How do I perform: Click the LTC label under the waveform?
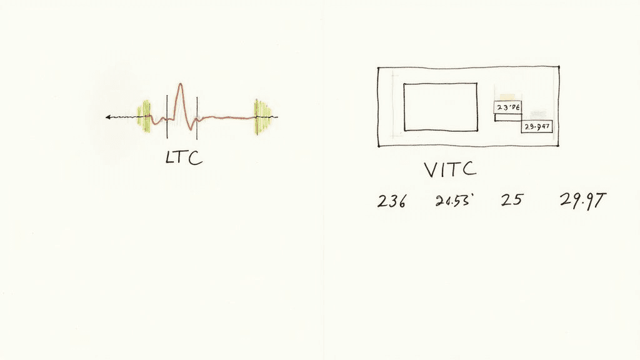coord(184,157)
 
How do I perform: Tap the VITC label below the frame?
coord(449,170)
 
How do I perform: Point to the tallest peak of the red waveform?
coord(180,84)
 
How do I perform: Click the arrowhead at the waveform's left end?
coord(108,117)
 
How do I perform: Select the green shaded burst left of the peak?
coord(145,116)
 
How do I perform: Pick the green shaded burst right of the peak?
coord(262,117)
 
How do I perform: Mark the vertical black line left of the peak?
coord(167,117)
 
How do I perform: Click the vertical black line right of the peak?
coord(197,117)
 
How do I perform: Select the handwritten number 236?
coord(392,201)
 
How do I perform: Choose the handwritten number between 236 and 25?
coord(453,201)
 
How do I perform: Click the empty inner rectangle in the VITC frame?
coord(440,107)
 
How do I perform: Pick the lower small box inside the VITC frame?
coord(537,127)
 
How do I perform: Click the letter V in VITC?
coord(431,170)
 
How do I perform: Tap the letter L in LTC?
coord(170,158)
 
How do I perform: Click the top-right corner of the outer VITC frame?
coord(559,66)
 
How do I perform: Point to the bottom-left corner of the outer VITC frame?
coord(379,147)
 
